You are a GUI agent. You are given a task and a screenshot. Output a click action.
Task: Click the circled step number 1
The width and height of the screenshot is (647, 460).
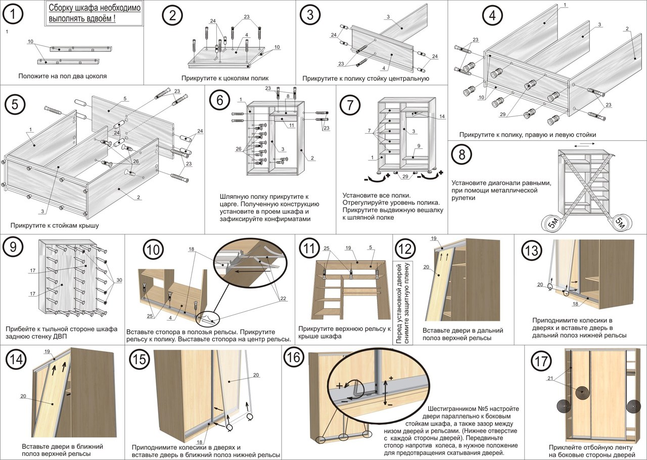click(x=12, y=15)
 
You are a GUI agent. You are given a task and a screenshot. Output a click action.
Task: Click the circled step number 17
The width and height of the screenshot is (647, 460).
click(x=540, y=361)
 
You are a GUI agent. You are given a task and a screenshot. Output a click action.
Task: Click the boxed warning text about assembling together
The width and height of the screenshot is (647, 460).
click(x=95, y=14)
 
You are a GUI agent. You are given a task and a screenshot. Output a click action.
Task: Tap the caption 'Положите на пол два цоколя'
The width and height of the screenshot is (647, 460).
click(x=62, y=76)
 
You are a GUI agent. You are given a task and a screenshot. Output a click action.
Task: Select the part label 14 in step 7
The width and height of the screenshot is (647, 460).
click(x=442, y=117)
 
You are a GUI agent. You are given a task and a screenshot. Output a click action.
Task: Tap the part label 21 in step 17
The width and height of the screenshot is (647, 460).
click(x=549, y=378)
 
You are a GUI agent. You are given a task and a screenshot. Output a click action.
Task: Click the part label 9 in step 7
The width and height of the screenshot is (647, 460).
click(x=419, y=146)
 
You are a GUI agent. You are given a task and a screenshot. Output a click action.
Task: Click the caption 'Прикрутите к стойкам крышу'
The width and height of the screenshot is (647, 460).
click(x=54, y=225)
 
